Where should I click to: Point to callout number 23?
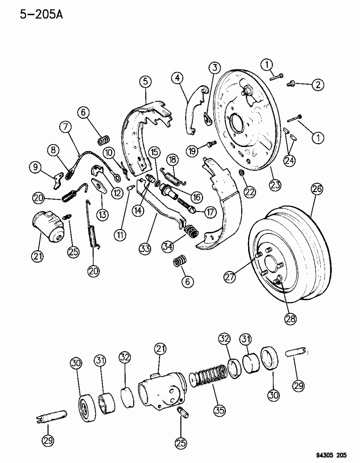coord(275,184)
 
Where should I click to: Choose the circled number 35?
coord(219,410)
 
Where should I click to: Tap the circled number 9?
coord(36,167)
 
